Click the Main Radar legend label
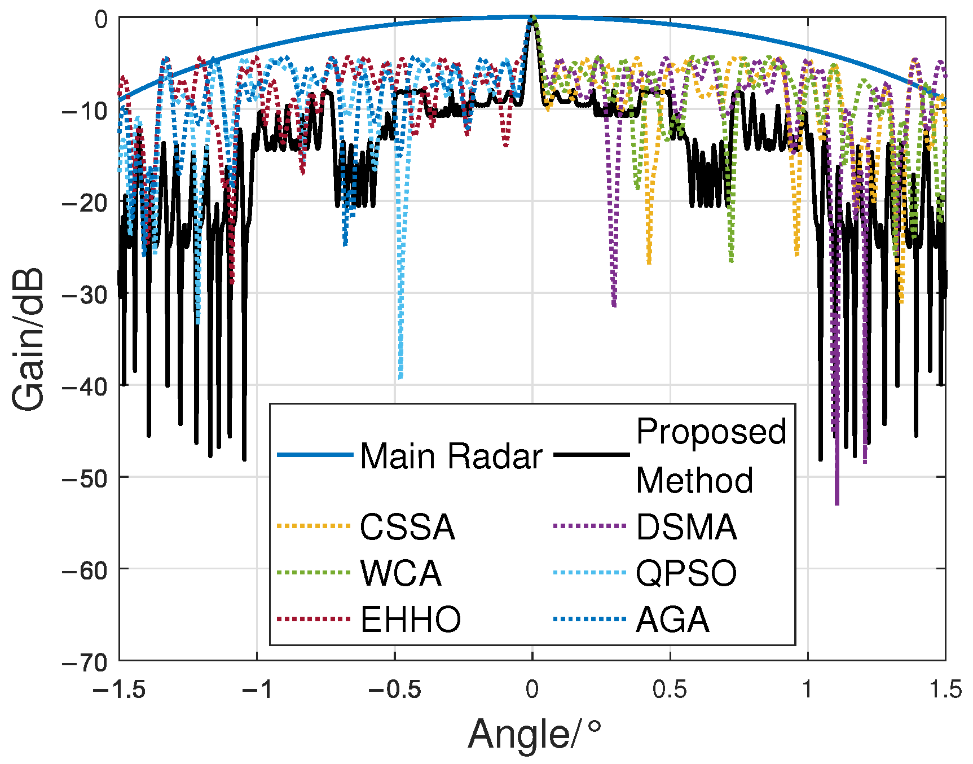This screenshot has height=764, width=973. pyautogui.click(x=451, y=456)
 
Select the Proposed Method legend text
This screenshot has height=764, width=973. pyautogui.click(x=711, y=456)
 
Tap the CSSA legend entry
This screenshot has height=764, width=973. pyautogui.click(x=407, y=528)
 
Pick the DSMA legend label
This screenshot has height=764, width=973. pyautogui.click(x=686, y=528)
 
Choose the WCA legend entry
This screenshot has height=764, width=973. pyautogui.click(x=400, y=574)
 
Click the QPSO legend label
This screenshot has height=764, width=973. pyautogui.click(x=686, y=574)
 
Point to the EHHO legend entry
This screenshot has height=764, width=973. pyautogui.click(x=411, y=620)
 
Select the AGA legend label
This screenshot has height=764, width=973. pyautogui.click(x=672, y=620)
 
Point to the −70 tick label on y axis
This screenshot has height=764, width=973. pyautogui.click(x=85, y=662)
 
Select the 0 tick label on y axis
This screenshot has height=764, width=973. pyautogui.click(x=100, y=20)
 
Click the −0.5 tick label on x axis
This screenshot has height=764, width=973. pyautogui.click(x=395, y=690)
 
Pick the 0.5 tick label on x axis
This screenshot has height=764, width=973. pyautogui.click(x=670, y=690)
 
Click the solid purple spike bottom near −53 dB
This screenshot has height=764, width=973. pyautogui.click(x=837, y=503)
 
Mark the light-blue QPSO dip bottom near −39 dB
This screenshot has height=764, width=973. pyautogui.click(x=400, y=377)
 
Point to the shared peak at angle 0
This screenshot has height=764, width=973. pyautogui.click(x=532, y=19)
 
